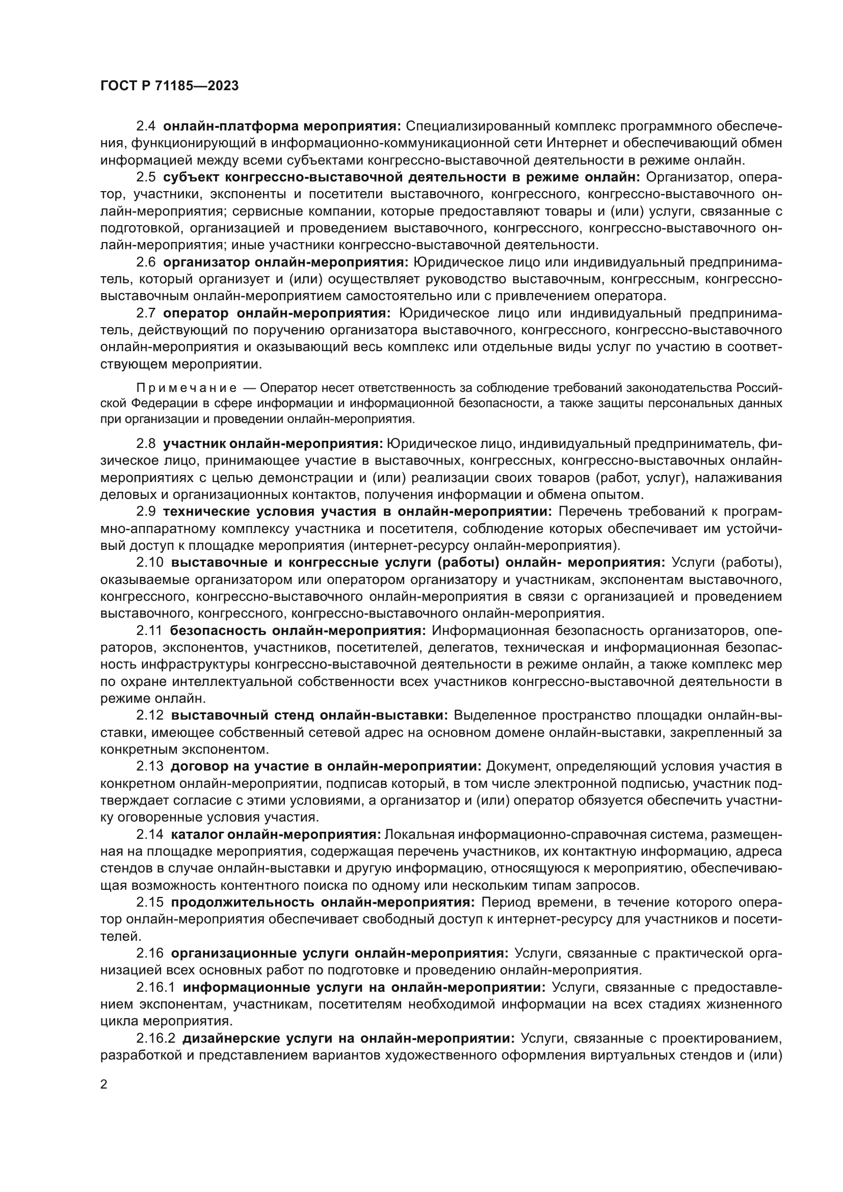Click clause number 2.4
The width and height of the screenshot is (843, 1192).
click(x=146, y=126)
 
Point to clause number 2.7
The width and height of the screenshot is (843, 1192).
click(x=146, y=313)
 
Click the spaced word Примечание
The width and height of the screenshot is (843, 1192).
click(x=187, y=388)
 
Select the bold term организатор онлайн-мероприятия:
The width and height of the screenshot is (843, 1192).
click(x=286, y=262)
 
